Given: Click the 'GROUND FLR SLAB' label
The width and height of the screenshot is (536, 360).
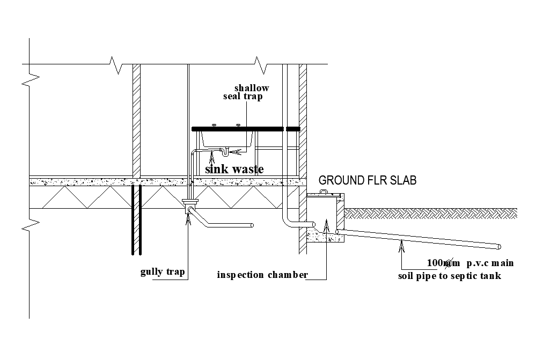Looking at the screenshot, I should tap(367, 180).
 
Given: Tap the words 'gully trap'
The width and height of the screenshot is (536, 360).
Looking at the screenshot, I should tap(163, 272).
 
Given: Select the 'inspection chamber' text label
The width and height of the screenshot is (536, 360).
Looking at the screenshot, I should tap(262, 275).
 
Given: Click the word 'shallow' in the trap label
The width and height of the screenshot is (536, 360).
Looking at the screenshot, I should tap(252, 88).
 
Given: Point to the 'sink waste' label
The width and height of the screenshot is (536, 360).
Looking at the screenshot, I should tap(234, 169).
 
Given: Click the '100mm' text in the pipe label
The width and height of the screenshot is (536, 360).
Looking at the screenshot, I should tap(443, 263).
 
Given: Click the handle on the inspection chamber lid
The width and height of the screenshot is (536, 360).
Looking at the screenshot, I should tap(324, 192).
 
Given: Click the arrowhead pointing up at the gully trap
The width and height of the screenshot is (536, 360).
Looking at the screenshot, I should tap(188, 217).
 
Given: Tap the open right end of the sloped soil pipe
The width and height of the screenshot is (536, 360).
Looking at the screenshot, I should tap(498, 247).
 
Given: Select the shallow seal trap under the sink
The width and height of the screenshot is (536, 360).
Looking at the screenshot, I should tap(225, 152).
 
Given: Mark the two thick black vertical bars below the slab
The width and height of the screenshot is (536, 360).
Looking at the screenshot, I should tap(136, 220).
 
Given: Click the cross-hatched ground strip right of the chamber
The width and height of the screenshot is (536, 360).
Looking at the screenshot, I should tap(429, 214).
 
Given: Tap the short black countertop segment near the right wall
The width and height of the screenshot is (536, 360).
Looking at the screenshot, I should tap(292, 129).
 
